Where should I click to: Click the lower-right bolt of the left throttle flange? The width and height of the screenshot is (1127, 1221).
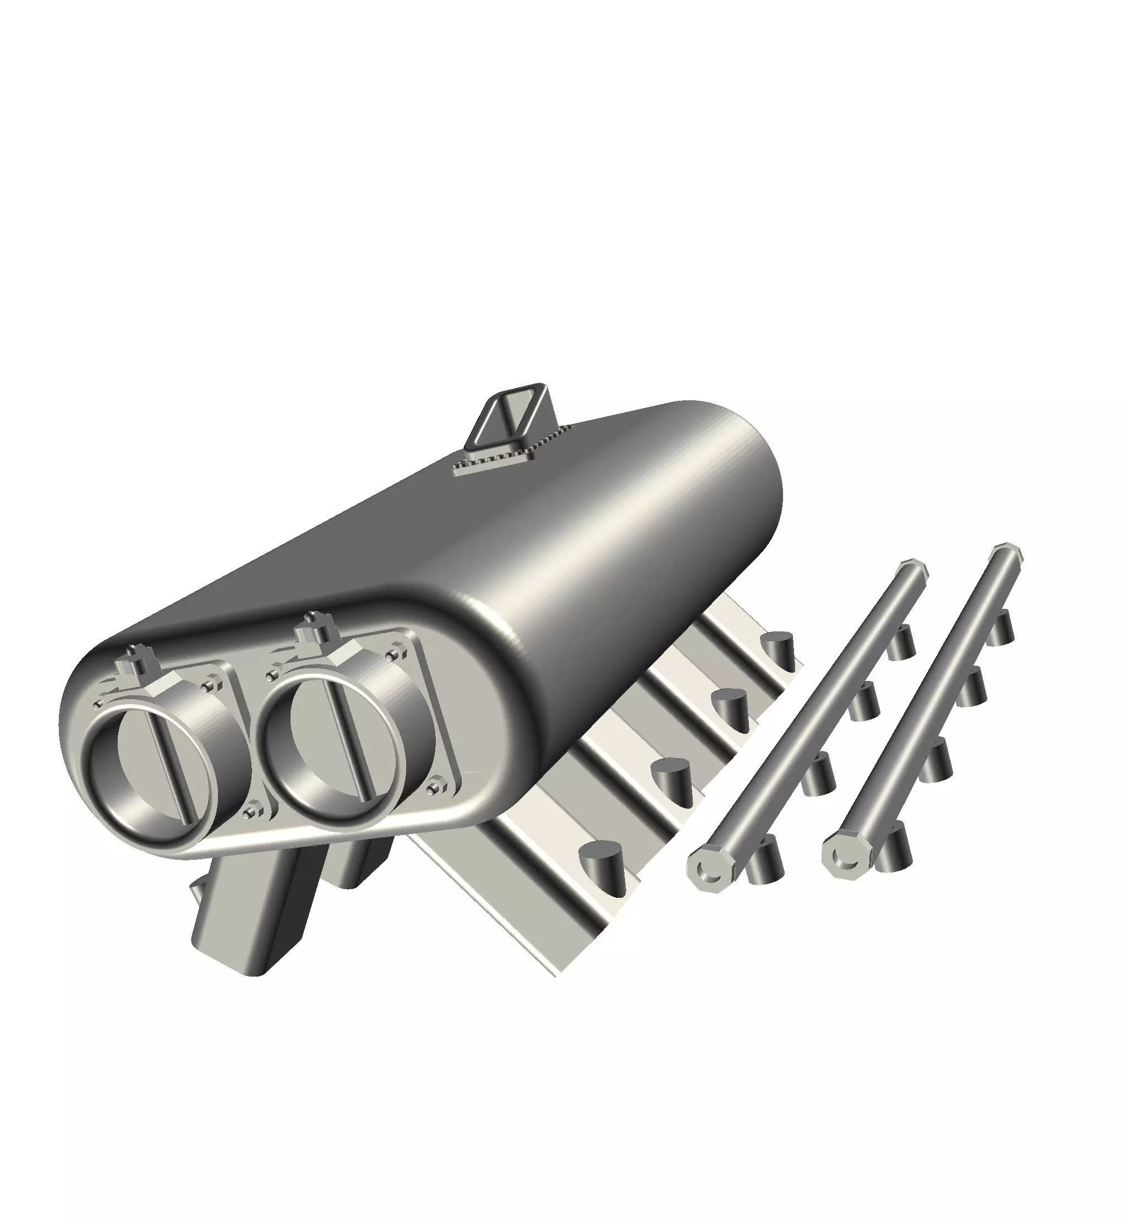point(252,812)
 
